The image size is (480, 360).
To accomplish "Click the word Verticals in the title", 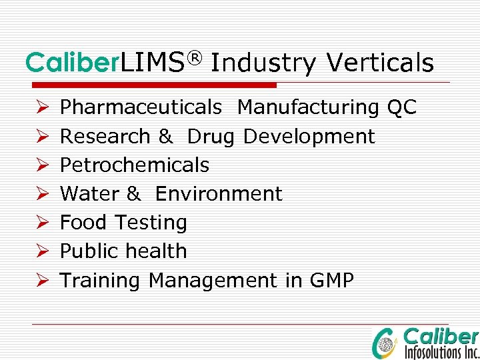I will [380, 63].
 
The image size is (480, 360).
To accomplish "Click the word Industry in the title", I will [263, 63].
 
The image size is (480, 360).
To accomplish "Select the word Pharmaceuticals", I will [141, 107].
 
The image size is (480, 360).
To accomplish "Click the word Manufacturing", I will [308, 107].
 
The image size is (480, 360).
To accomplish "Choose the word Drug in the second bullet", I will [211, 137].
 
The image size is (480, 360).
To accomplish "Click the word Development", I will [309, 137].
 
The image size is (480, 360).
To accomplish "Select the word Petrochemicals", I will [135, 165].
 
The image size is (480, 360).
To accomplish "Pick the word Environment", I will [219, 194].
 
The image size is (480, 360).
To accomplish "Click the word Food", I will [85, 223].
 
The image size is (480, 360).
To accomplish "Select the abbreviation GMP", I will [331, 281].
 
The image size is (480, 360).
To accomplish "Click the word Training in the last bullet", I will [100, 281].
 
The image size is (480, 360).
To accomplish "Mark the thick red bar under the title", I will [151, 85].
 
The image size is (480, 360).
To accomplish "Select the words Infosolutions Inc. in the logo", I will [441, 351].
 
